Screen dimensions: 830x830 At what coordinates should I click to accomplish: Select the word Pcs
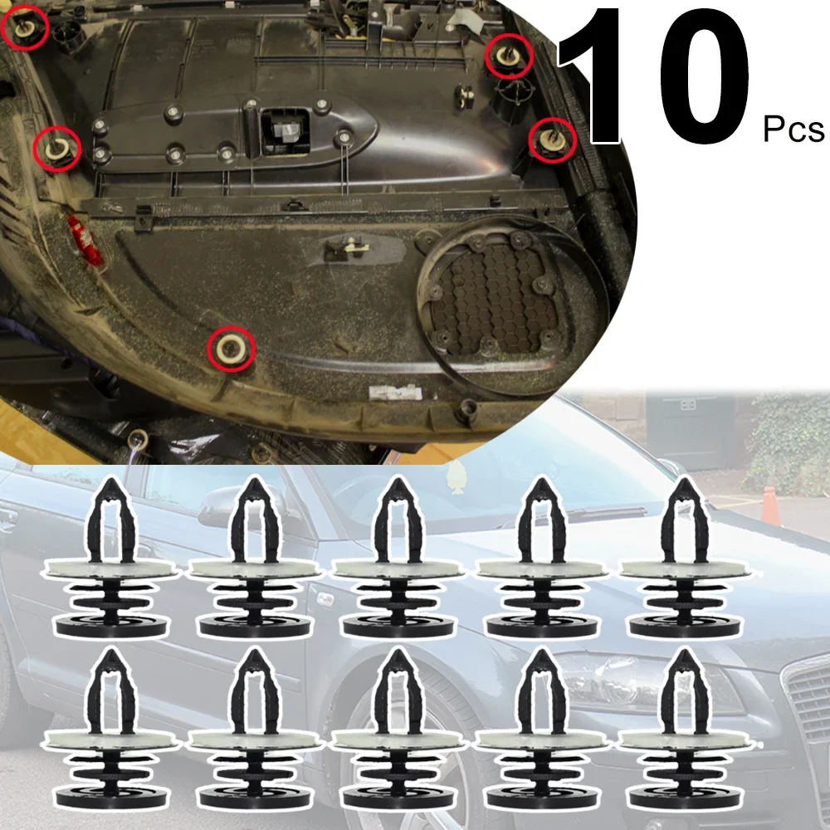click(793, 129)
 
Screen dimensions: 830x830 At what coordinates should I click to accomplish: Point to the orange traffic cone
click(770, 505)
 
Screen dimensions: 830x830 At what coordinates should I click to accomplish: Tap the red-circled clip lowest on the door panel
click(230, 346)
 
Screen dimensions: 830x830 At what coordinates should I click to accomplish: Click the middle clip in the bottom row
click(394, 730)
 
